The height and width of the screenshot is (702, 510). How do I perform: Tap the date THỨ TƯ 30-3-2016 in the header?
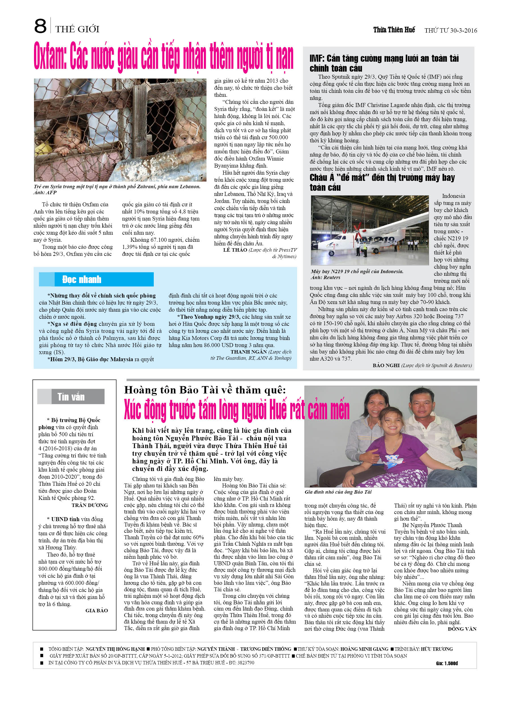pos(451,30)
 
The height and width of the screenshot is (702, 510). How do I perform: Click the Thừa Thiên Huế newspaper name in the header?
pos(394,30)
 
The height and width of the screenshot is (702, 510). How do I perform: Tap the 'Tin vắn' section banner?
pos(71,397)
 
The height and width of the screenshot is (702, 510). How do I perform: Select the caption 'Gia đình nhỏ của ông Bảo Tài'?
pos(338,492)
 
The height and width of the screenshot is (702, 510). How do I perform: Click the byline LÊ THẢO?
pos(235,250)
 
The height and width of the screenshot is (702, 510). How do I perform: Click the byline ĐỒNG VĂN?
pos(462,629)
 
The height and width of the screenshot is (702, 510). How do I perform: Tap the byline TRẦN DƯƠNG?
pos(89,505)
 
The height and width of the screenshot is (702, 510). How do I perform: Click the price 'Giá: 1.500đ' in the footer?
pos(447,663)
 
